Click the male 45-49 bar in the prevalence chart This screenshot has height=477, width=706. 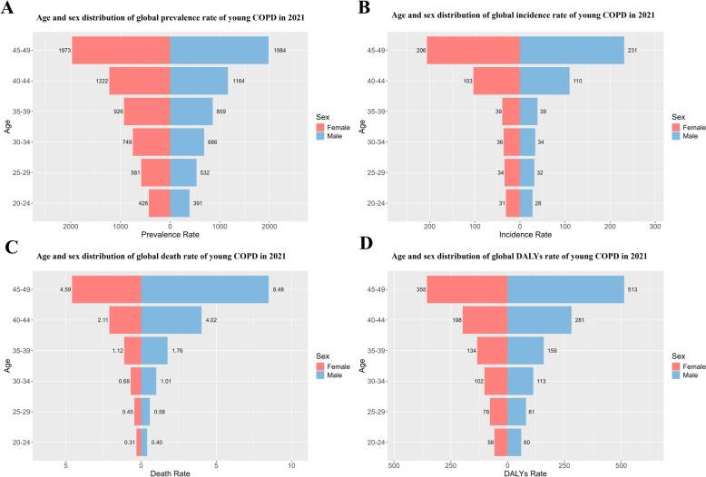tap(219, 50)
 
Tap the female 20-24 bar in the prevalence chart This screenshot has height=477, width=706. tap(159, 203)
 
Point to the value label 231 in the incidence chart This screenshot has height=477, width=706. tap(632, 50)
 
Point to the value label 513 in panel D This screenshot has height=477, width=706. tap(632, 289)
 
